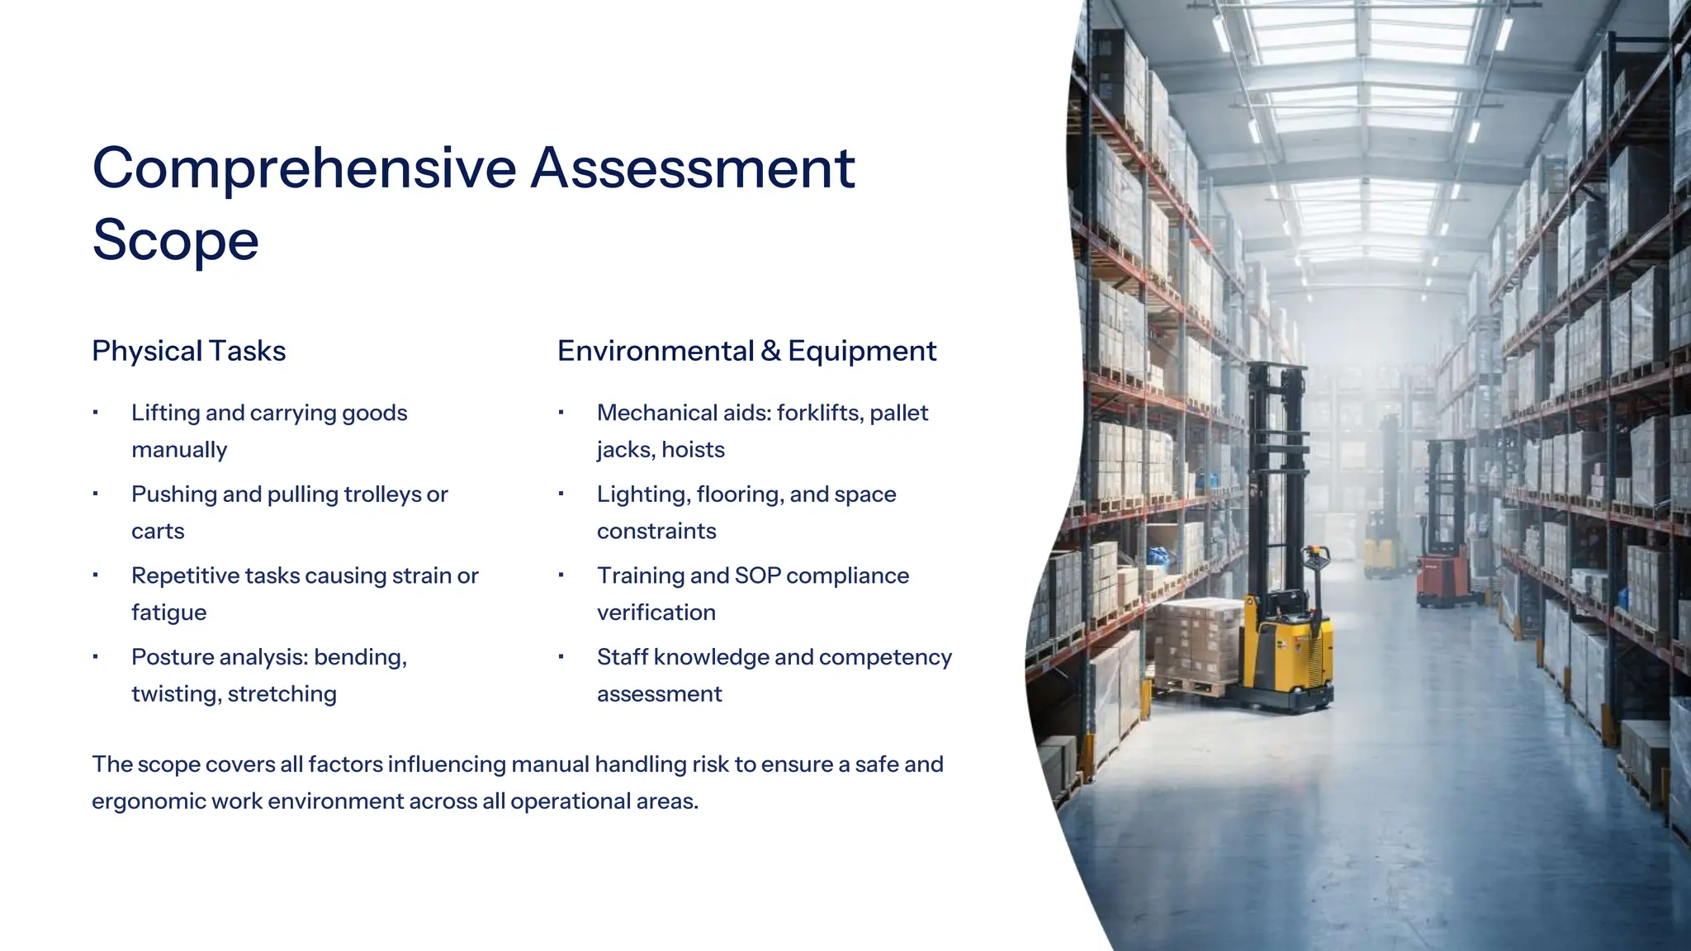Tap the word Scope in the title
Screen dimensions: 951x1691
point(175,240)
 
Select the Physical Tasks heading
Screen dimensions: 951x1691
point(188,351)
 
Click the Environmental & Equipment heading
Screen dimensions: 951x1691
point(746,351)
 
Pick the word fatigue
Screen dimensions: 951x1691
point(168,613)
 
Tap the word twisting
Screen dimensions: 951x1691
point(175,694)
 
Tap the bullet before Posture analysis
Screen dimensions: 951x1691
point(96,657)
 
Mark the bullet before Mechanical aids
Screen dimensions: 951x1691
point(561,412)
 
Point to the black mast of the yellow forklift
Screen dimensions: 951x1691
point(1276,479)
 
